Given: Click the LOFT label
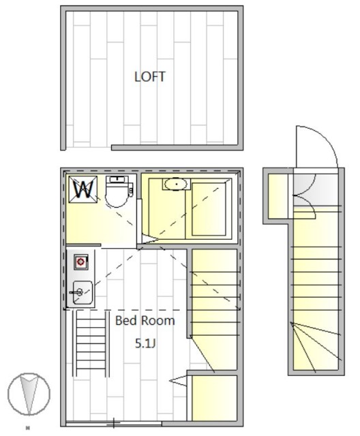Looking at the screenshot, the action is (150, 77).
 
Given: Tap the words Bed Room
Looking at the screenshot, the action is (145, 321).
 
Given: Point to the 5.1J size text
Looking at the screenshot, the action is (145, 343).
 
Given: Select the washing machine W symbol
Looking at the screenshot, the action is (83, 189).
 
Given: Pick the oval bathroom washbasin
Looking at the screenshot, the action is (176, 184).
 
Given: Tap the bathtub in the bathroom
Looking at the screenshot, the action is (209, 209).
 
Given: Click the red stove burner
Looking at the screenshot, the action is (80, 262).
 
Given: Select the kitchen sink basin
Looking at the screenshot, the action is (82, 292).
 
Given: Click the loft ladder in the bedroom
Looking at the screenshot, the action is (91, 343).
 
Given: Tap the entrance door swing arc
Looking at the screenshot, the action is (324, 139).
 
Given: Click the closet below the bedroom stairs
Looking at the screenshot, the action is (214, 398).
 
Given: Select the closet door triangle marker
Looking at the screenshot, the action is (179, 381).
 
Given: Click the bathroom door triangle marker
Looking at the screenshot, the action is (150, 239).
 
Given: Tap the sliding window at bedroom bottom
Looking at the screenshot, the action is (114, 424).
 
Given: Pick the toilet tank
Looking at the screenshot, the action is (119, 179).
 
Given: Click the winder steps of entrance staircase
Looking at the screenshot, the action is (316, 347).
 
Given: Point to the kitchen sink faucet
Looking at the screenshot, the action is (76, 292).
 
